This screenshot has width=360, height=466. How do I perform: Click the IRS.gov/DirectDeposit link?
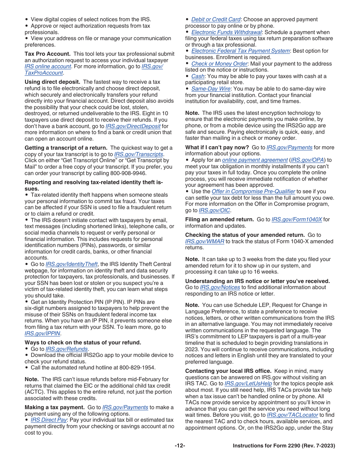point(133,126)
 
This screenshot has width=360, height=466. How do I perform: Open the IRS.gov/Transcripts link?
point(139,154)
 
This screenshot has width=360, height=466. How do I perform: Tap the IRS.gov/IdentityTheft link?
point(72,264)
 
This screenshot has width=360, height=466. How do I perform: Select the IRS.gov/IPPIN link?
point(43,333)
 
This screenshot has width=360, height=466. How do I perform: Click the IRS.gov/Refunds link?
point(67,349)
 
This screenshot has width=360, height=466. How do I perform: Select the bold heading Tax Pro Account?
point(47,54)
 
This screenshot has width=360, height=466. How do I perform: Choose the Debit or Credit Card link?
point(216,19)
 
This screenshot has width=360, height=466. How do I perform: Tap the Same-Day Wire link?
point(211,89)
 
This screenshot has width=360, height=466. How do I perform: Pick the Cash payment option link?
point(198,76)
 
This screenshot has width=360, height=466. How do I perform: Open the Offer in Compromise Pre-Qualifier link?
point(253,191)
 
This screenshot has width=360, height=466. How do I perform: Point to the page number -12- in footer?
point(180,446)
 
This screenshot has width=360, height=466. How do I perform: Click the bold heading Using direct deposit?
point(52,82)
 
